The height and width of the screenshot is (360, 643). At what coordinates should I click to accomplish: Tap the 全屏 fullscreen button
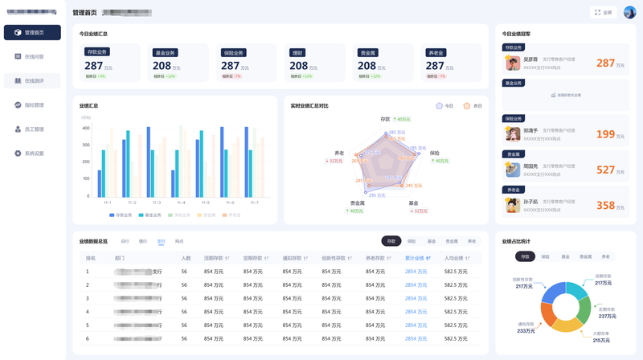pyautogui.click(x=603, y=12)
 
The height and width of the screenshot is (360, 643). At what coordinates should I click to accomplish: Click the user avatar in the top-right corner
pyautogui.click(x=629, y=12)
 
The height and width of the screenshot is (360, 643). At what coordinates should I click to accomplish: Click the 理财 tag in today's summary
pyautogui.click(x=297, y=52)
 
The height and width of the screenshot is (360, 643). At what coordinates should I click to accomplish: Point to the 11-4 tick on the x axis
pyautogui.click(x=181, y=202)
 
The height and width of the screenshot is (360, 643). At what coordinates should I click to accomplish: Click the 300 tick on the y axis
pyautogui.click(x=86, y=145)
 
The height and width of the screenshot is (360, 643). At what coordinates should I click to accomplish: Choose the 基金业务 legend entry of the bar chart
pyautogui.click(x=150, y=215)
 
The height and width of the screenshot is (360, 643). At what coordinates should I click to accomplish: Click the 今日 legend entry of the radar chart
pyautogui.click(x=445, y=105)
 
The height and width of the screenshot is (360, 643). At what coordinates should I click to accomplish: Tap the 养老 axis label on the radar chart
pyautogui.click(x=339, y=153)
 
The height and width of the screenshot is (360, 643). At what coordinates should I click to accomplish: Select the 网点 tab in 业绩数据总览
pyautogui.click(x=179, y=241)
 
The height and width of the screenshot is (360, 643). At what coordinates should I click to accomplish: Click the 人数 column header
pyautogui.click(x=186, y=258)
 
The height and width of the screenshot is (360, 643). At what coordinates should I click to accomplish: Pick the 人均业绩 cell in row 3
pyautogui.click(x=456, y=298)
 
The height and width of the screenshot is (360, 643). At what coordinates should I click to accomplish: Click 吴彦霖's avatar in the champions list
pyautogui.click(x=511, y=62)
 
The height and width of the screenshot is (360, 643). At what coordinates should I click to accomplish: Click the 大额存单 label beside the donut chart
pyautogui.click(x=600, y=333)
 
